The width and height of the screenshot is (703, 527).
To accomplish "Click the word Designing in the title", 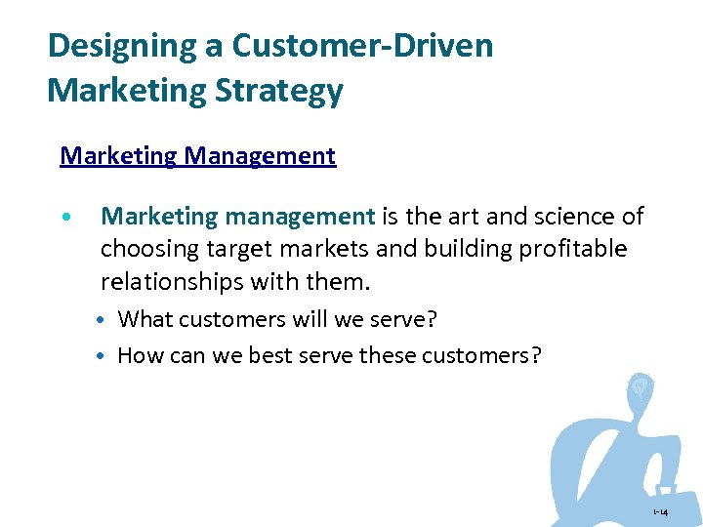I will click(107, 45).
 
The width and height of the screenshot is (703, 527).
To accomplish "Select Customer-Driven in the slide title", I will click(362, 45).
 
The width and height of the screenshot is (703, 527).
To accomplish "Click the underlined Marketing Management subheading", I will click(197, 156).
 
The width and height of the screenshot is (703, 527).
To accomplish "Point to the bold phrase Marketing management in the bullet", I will click(237, 217).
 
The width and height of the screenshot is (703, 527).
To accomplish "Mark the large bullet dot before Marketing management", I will click(64, 217).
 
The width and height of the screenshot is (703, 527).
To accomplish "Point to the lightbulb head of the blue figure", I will click(640, 388).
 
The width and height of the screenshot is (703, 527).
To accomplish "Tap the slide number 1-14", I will click(661, 511).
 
